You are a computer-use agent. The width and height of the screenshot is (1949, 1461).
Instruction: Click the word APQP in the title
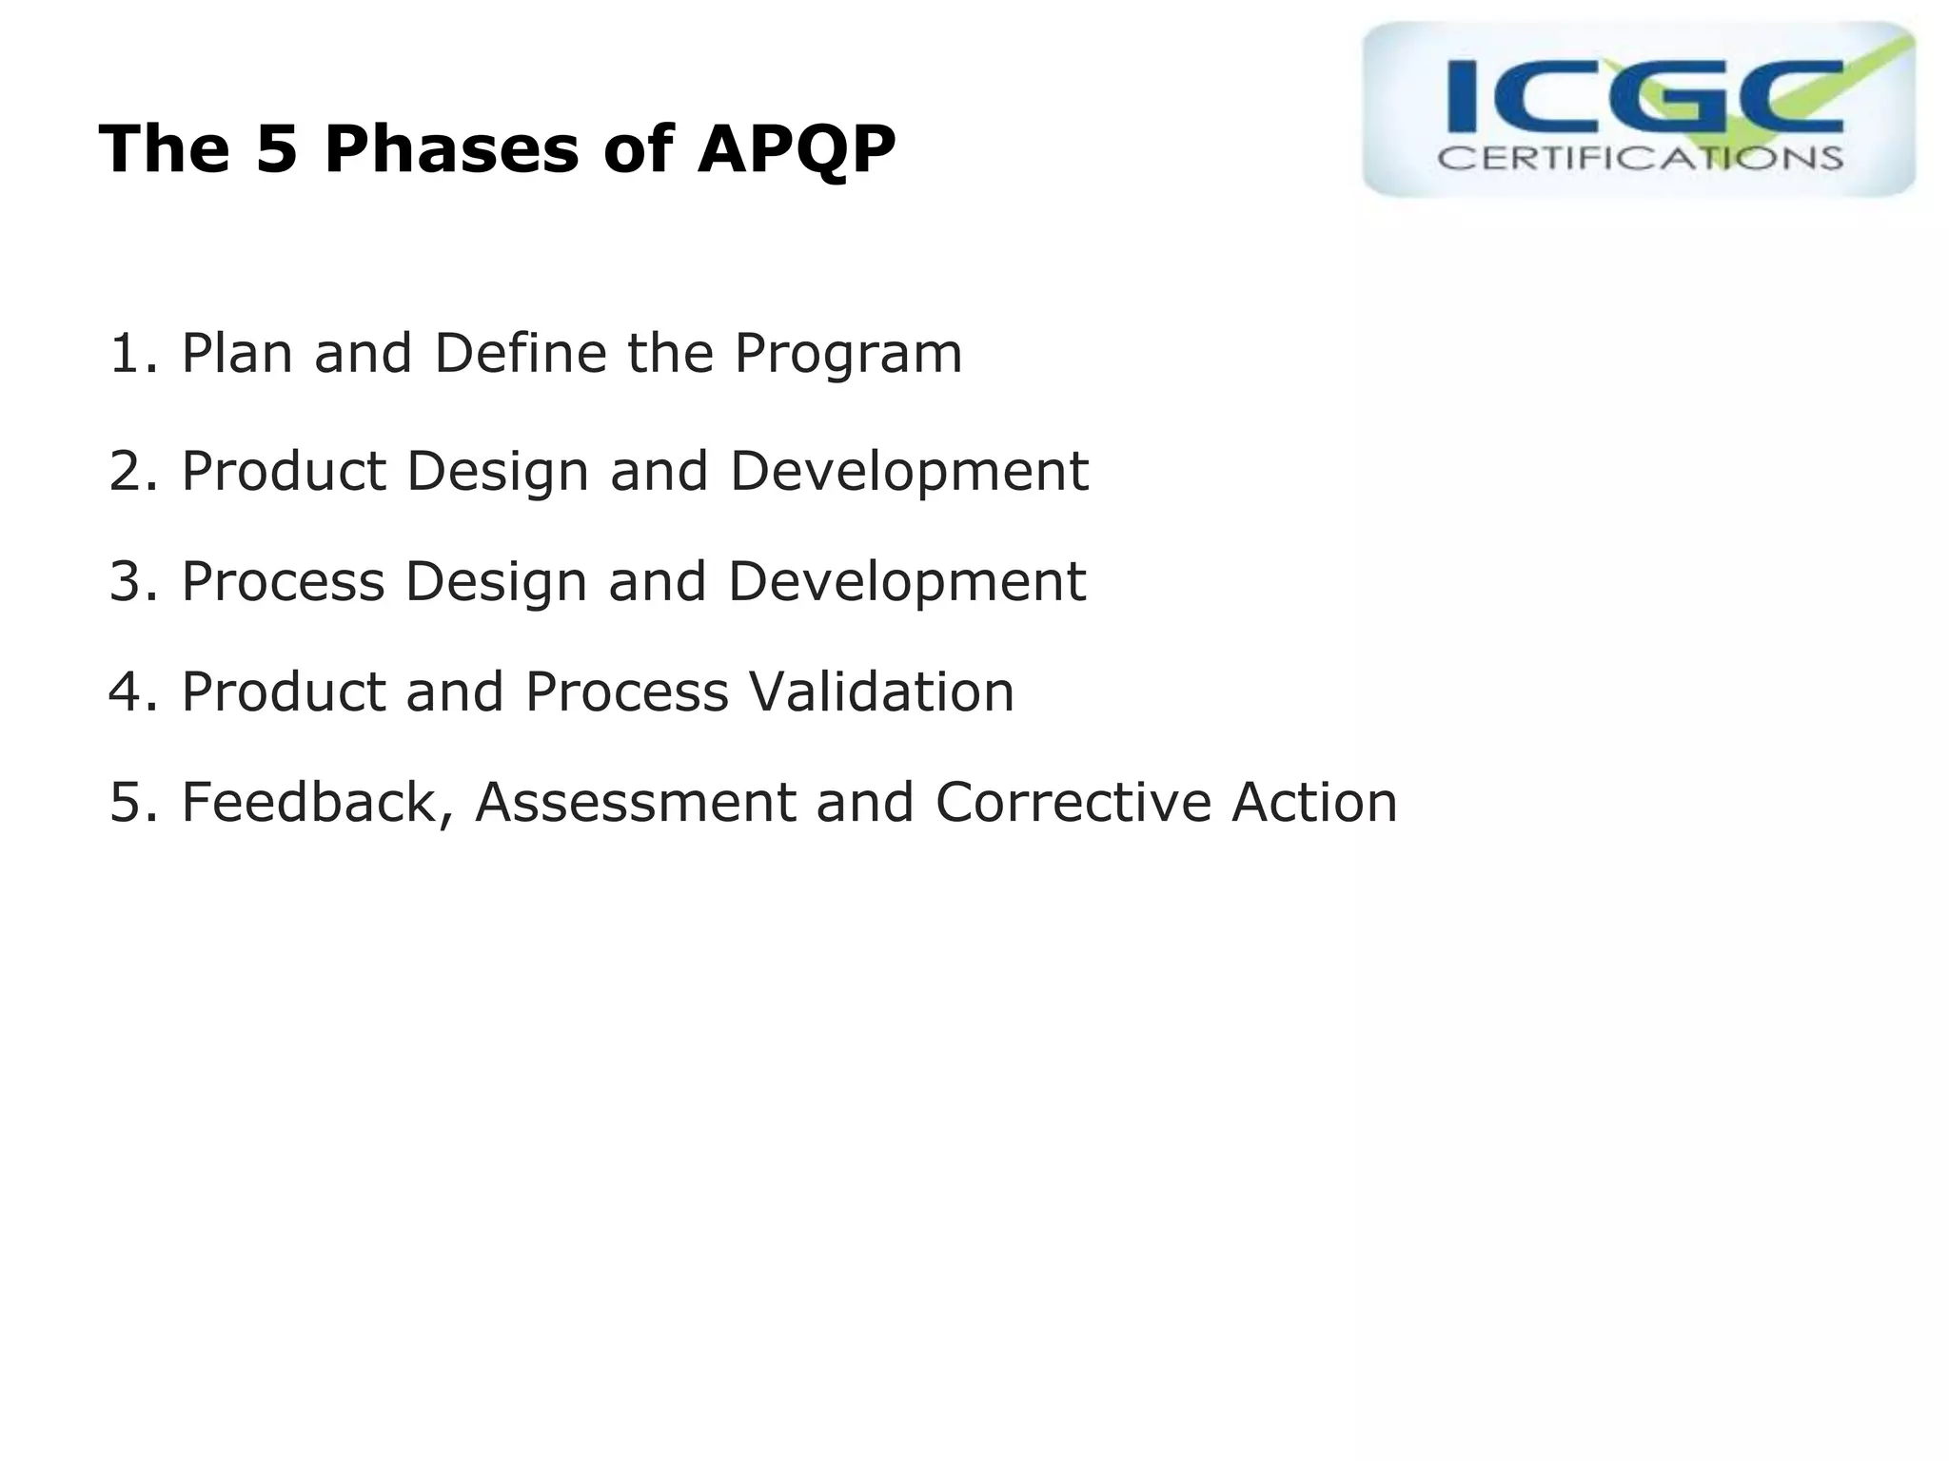pyautogui.click(x=796, y=150)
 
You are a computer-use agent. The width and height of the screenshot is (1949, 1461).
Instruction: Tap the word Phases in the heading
pyautogui.click(x=451, y=150)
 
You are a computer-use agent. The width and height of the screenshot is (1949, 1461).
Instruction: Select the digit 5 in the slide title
pyautogui.click(x=277, y=150)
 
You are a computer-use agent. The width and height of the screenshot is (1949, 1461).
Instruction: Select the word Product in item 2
pyautogui.click(x=284, y=472)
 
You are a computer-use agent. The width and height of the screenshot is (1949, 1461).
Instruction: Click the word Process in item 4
pyautogui.click(x=626, y=692)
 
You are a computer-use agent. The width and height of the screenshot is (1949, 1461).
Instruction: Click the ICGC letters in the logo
pyautogui.click(x=1644, y=97)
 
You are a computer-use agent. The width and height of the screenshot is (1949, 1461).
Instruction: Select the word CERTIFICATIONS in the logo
pyautogui.click(x=1640, y=158)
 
